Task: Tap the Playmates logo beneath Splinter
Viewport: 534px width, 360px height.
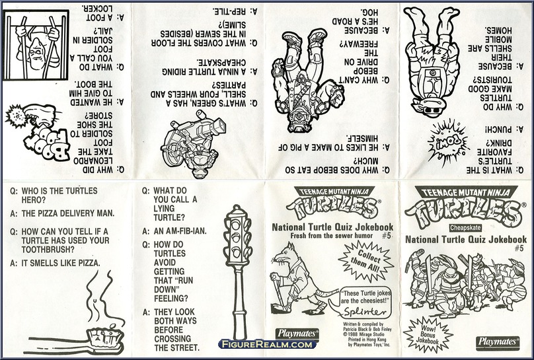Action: (302, 334)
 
